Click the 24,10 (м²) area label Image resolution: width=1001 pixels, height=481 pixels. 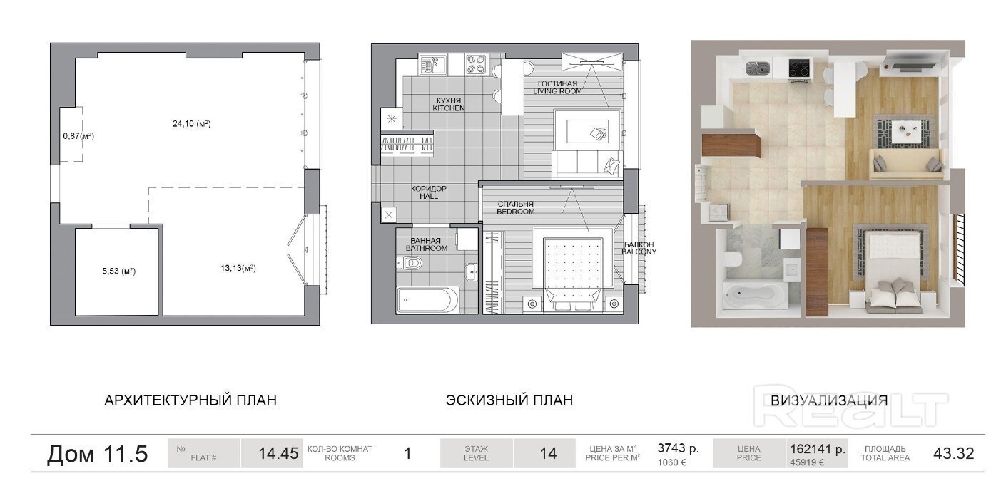[x=192, y=123]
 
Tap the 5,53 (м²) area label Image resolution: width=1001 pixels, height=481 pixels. [x=119, y=271]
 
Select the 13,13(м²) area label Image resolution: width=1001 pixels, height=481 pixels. [x=238, y=268]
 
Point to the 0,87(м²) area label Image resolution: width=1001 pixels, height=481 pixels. [x=78, y=135]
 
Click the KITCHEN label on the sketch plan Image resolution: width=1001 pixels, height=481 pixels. [x=449, y=108]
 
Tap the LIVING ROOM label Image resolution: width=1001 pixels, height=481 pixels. [x=557, y=91]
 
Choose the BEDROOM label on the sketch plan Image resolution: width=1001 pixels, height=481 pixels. [x=516, y=212]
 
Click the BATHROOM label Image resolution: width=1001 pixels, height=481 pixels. [x=427, y=248]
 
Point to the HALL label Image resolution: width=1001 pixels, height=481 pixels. [x=429, y=196]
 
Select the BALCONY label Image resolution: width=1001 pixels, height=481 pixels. [x=639, y=252]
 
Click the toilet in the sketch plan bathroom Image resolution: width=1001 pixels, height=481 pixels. [x=410, y=262]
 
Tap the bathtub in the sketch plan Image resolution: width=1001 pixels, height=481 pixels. [x=427, y=299]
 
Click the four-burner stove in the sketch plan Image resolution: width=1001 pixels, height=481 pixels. [x=476, y=64]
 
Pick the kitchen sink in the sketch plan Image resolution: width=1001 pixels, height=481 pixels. [x=432, y=65]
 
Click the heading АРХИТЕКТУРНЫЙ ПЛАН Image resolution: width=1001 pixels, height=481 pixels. [x=190, y=400]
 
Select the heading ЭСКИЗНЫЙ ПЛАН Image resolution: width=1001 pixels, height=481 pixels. [x=509, y=400]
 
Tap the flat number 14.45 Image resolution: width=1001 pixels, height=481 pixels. [x=278, y=453]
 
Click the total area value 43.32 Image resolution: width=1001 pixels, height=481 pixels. [x=954, y=453]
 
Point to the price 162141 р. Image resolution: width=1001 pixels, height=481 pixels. [x=818, y=448]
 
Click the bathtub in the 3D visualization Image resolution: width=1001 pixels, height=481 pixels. [x=755, y=294]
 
